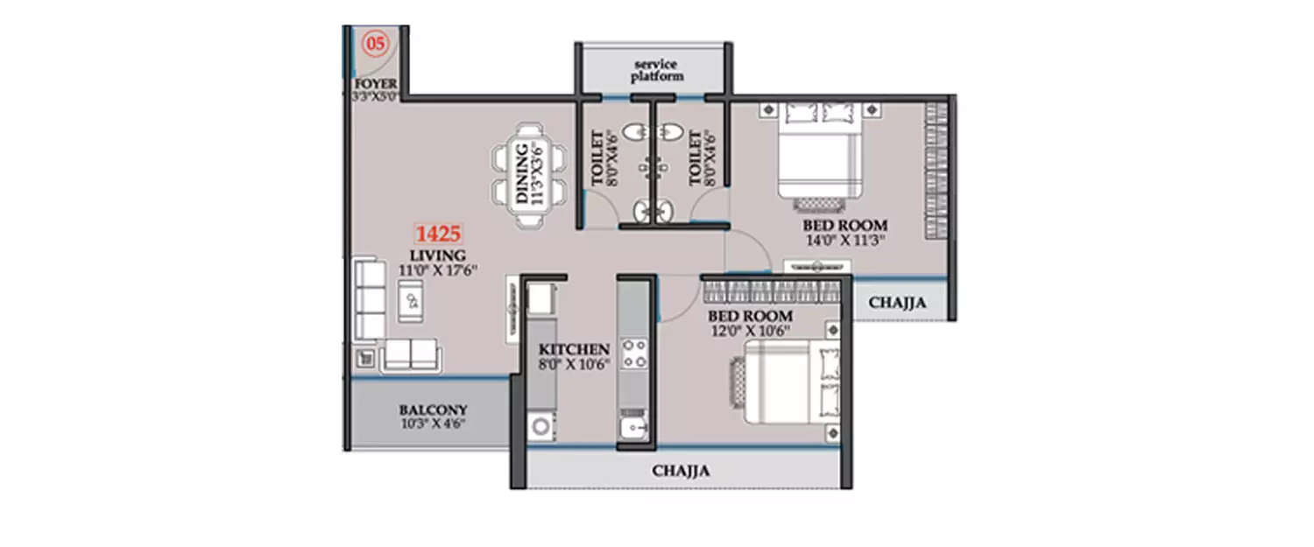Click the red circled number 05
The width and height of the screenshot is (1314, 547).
[375, 42]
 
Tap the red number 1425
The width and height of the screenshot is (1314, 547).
[438, 234]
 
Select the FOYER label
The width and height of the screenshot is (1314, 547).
[375, 83]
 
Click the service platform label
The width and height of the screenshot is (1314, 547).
[657, 71]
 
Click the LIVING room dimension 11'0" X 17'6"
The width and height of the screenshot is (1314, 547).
[438, 271]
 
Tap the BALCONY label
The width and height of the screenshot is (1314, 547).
[433, 409]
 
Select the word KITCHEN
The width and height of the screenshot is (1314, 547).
[574, 348]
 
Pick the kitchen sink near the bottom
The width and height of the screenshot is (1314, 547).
[632, 427]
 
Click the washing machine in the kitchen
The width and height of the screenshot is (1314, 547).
[542, 427]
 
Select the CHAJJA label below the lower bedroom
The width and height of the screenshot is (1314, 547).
[681, 471]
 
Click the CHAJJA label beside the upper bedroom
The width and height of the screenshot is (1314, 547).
[897, 303]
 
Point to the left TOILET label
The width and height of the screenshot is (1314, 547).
[599, 159]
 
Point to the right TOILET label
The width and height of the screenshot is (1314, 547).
[696, 159]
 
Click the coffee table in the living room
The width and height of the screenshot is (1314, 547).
[411, 303]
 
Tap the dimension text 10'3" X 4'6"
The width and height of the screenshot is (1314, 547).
[433, 424]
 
